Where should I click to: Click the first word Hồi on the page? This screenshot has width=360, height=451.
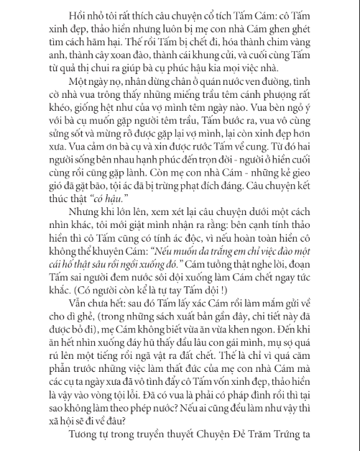pos(56,14)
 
